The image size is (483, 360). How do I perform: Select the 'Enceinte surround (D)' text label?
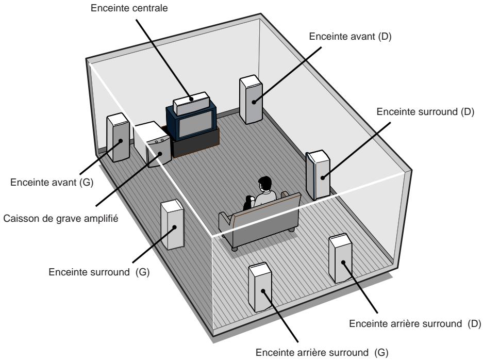(x=425, y=112)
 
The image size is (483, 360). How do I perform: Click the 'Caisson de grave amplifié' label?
(x=60, y=218)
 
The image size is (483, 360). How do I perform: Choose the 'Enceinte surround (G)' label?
(x=98, y=272)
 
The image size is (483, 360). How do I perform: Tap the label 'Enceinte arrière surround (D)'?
(x=414, y=324)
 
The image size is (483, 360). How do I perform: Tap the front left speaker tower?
(x=118, y=139)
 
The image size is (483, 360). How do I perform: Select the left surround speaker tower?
(x=172, y=225)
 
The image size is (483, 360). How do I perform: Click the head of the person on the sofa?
(x=264, y=184)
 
